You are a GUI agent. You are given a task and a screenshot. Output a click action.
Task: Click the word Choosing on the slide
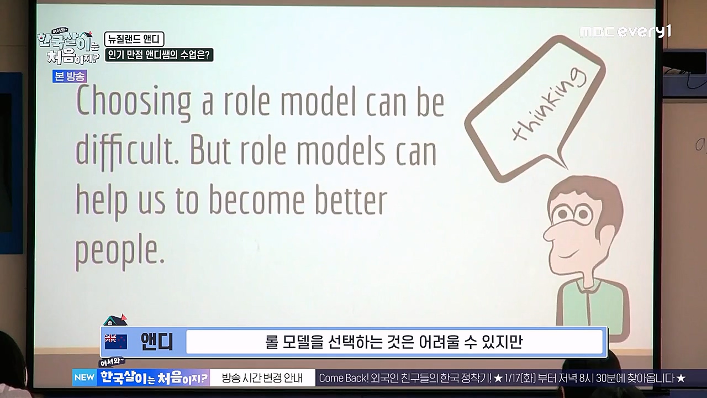coord(133,102)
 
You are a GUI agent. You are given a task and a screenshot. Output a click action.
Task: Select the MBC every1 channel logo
coord(625,32)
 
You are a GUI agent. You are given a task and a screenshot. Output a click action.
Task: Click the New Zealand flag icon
coord(116,342)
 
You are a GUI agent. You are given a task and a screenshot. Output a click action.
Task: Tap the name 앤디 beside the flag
coord(156,342)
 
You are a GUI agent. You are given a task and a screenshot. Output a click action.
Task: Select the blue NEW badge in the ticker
coord(85,378)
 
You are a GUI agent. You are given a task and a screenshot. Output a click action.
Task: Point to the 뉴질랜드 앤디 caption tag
coord(134,39)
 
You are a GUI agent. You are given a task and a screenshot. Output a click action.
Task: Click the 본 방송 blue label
coord(70,77)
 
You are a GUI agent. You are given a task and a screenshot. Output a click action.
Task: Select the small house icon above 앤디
coord(115,320)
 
